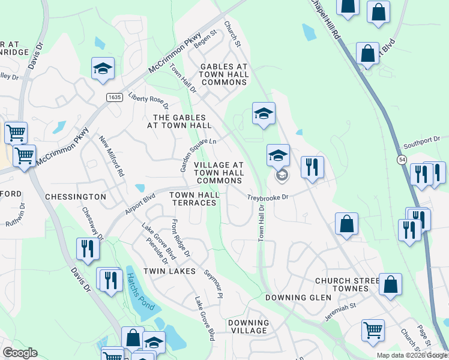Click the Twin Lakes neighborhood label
pyautogui.click(x=170, y=271)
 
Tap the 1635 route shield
pyautogui.click(x=113, y=97)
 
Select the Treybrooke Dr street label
pyautogui.click(x=268, y=197)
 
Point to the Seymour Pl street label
pyautogui.click(x=213, y=283)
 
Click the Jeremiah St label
pyautogui.click(x=341, y=311)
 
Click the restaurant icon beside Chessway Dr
pyautogui.click(x=88, y=249)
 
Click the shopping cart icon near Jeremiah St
pyautogui.click(x=373, y=329)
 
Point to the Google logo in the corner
pyautogui.click(x=20, y=353)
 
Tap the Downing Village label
pyautogui.click(x=249, y=326)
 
